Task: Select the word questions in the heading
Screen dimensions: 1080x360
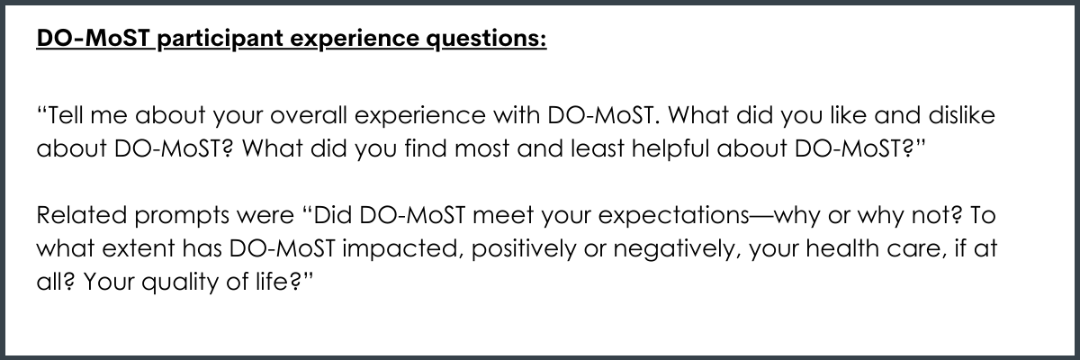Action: click(487, 39)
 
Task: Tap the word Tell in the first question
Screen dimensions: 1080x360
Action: click(66, 115)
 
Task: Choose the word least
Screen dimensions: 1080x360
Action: click(598, 148)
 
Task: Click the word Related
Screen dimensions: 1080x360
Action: click(82, 215)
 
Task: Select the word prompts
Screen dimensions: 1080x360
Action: click(182, 216)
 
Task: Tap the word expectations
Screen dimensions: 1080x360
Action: click(674, 216)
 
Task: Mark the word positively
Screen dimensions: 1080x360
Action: click(524, 249)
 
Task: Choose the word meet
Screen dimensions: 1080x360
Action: click(503, 215)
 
